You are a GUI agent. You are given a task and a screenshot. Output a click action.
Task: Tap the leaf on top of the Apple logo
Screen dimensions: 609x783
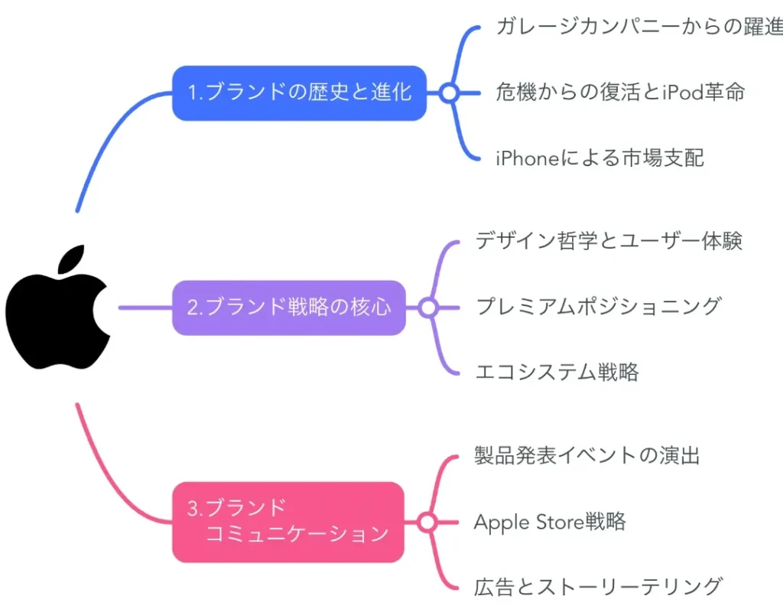(x=70, y=259)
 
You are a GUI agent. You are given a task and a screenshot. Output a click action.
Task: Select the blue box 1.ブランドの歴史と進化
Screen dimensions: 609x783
(x=299, y=93)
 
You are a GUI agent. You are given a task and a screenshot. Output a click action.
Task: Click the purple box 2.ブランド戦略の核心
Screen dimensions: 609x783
(x=289, y=308)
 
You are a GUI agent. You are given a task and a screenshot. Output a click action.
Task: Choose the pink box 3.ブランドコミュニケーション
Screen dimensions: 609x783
(x=288, y=522)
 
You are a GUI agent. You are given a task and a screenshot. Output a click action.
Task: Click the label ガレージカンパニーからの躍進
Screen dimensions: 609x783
(x=638, y=28)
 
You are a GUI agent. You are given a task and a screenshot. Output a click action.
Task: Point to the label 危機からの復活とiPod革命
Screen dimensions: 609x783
(x=619, y=93)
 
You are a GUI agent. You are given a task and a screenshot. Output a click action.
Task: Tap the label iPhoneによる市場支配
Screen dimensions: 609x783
(x=599, y=158)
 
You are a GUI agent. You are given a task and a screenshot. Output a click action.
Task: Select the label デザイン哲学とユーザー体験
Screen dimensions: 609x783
(x=609, y=241)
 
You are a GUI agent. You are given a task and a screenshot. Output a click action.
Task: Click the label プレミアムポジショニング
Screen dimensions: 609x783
(x=598, y=307)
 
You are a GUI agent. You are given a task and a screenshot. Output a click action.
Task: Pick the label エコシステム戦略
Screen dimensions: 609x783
(x=557, y=373)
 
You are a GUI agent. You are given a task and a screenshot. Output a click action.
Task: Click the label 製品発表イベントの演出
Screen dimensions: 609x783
(x=587, y=456)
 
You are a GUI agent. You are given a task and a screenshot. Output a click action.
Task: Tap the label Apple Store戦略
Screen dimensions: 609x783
(x=550, y=522)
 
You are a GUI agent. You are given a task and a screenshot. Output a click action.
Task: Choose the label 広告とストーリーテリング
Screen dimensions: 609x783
(x=598, y=587)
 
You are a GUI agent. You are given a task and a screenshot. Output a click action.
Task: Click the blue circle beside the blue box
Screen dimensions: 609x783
(x=449, y=93)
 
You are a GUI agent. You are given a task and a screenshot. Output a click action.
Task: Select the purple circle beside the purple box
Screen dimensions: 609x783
(x=427, y=308)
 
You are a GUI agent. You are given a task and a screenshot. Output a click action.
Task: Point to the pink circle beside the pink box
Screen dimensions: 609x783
(x=427, y=522)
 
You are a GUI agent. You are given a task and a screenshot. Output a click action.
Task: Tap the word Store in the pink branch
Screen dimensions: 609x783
(x=557, y=522)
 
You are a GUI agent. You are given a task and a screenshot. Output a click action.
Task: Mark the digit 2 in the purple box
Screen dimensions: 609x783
(x=193, y=308)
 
